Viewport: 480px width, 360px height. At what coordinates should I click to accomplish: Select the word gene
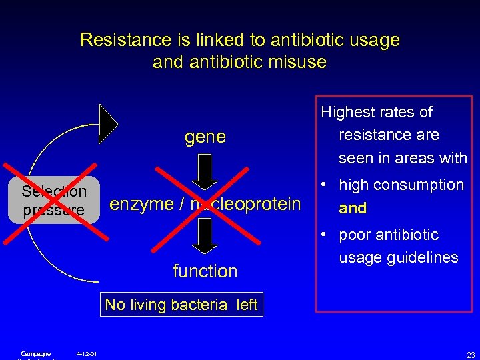[205, 137]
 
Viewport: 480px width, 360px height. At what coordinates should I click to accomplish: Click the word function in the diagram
[205, 271]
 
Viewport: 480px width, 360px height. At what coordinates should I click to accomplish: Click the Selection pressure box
[53, 200]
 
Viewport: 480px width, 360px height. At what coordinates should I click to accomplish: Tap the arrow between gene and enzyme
[205, 171]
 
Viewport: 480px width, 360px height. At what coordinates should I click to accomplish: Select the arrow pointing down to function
[205, 236]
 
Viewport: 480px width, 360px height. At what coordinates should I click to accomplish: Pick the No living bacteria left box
[181, 305]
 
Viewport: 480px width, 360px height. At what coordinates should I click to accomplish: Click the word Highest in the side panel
[349, 112]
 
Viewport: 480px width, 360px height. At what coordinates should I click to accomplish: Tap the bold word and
[353, 208]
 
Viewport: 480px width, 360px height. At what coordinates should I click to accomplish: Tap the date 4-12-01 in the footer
[86, 353]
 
